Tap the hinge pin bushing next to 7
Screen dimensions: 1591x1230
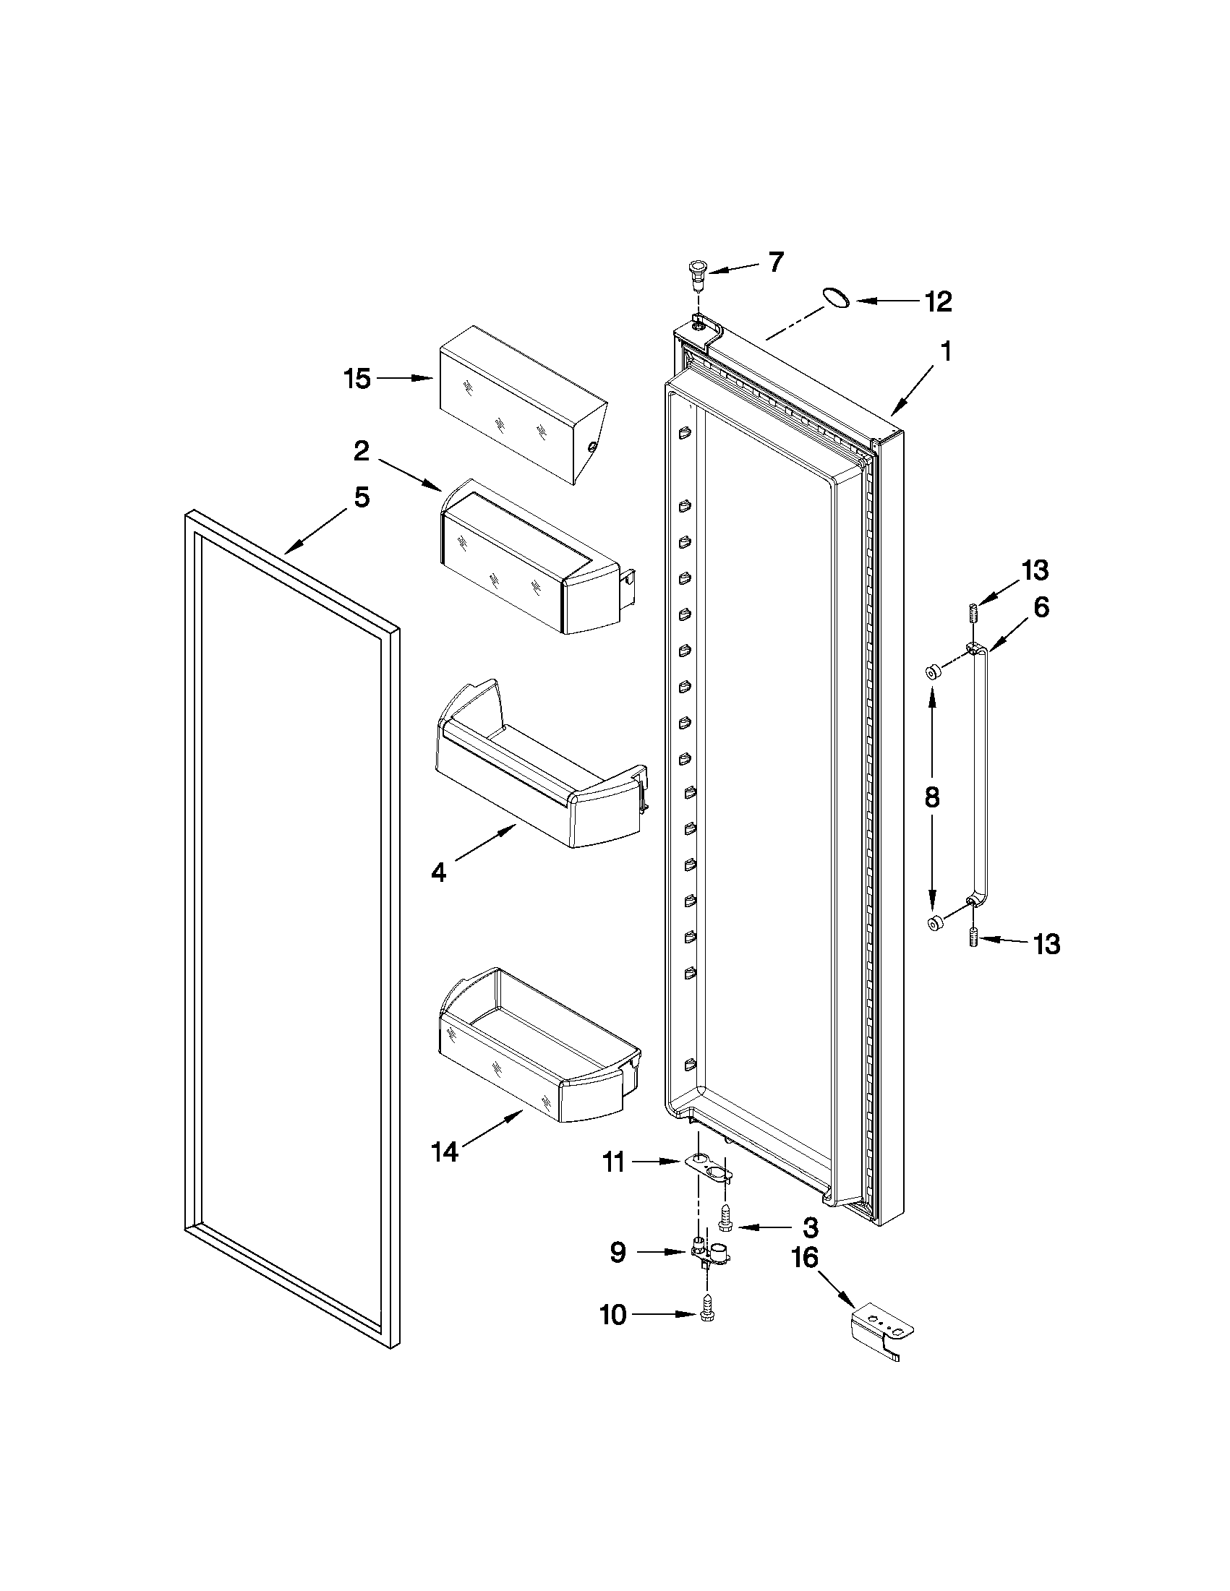coord(698,276)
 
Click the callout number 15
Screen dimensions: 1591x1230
coord(358,379)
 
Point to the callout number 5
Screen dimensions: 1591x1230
coord(362,498)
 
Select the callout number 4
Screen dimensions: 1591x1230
coord(438,871)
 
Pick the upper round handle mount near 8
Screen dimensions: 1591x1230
coord(932,672)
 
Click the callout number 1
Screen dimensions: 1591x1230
coord(945,353)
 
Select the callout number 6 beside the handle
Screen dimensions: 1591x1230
coord(1041,606)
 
